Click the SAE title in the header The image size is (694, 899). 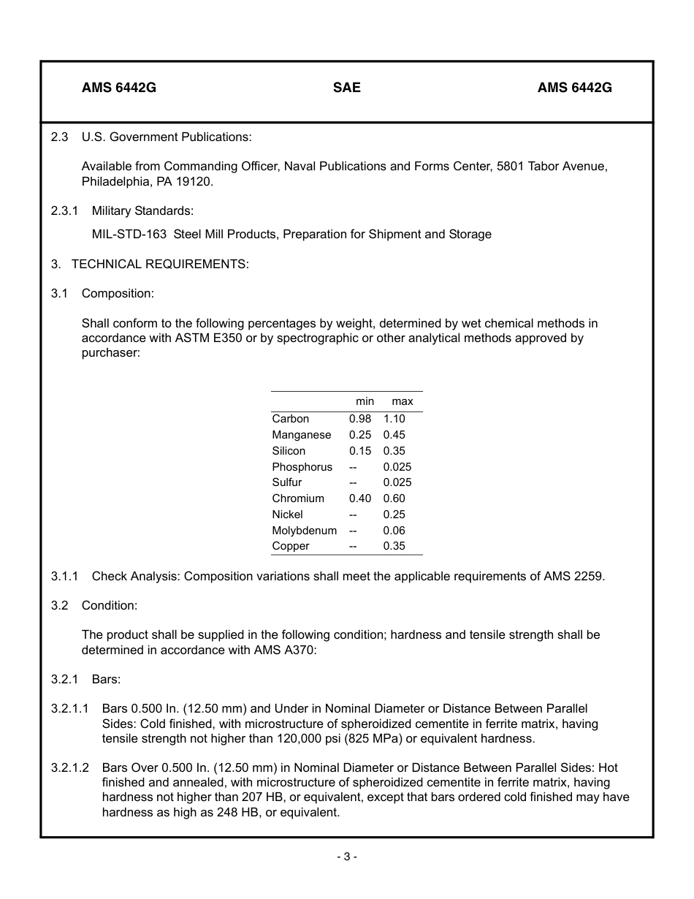[346, 88]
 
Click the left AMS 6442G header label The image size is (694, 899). [118, 88]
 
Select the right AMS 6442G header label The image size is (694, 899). [574, 88]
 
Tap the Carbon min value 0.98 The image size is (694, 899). [359, 419]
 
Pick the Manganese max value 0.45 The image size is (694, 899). [394, 435]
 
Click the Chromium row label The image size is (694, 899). [297, 498]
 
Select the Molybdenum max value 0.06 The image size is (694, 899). [394, 531]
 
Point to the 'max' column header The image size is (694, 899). [402, 401]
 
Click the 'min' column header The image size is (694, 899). [365, 401]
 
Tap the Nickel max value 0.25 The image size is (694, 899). [394, 515]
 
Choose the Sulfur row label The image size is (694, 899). [286, 482]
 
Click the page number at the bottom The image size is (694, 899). [346, 857]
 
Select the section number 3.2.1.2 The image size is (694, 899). [70, 767]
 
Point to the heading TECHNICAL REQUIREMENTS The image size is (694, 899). [160, 264]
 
